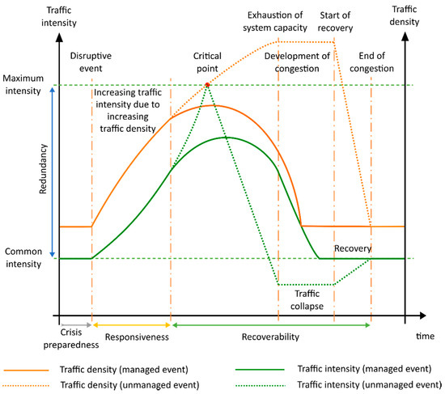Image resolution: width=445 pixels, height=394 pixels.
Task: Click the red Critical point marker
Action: pyautogui.click(x=208, y=84)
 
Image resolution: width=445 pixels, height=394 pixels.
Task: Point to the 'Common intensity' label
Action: pyautogui.click(x=23, y=258)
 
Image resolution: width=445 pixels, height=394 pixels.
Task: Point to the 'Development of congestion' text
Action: pyautogui.click(x=297, y=61)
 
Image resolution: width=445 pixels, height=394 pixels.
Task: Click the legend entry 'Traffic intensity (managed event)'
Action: pyautogui.click(x=354, y=367)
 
